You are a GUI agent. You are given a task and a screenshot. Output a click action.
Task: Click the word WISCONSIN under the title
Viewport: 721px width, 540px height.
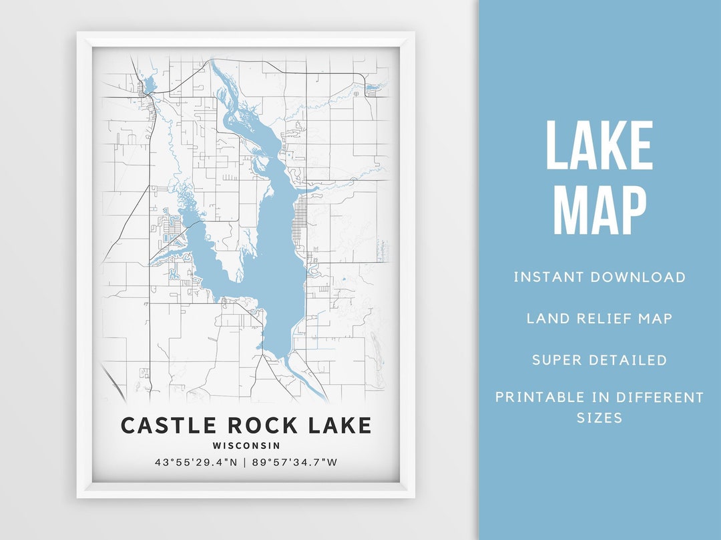(246, 445)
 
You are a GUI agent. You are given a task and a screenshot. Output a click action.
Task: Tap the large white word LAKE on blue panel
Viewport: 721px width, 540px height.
(599, 146)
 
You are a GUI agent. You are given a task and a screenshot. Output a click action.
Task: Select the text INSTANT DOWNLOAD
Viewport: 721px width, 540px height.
(599, 277)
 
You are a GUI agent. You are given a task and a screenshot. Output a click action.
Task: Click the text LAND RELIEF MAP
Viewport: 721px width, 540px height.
(599, 318)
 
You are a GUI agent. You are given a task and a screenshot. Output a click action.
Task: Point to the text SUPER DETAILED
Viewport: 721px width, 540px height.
(599, 360)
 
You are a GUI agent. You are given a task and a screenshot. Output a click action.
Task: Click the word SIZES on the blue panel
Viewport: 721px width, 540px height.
(599, 418)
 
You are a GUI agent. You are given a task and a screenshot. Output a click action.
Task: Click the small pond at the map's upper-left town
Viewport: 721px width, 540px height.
(148, 85)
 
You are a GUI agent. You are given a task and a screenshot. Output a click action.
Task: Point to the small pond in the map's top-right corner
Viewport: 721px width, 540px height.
(372, 87)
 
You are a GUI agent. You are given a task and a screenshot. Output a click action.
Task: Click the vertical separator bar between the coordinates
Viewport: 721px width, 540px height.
(246, 462)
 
